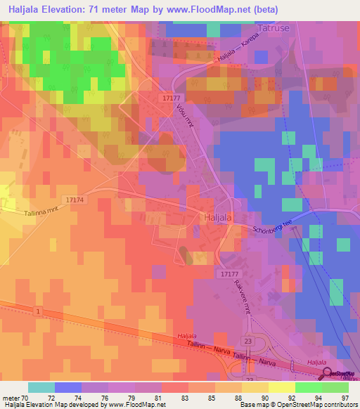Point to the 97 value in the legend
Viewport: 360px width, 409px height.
tap(345, 397)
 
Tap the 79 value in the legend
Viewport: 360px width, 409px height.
tap(131, 397)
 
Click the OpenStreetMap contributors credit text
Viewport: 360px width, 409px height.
tap(316, 405)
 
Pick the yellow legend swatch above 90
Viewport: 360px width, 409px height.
tap(255, 387)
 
